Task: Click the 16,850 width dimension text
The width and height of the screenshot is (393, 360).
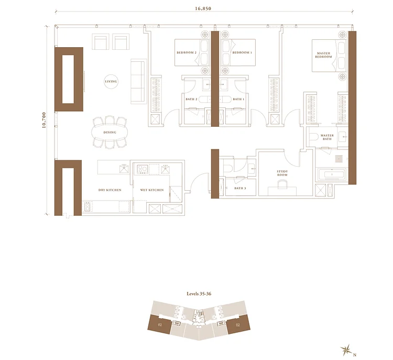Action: click(203, 8)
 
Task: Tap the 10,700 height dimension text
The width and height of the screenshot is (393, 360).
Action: click(44, 120)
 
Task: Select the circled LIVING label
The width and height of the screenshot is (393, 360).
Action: click(111, 81)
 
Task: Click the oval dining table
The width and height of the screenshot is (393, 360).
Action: click(110, 132)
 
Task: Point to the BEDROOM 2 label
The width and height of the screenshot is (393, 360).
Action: click(187, 52)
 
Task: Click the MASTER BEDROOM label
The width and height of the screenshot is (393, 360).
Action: click(324, 55)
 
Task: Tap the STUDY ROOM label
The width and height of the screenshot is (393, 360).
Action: click(282, 173)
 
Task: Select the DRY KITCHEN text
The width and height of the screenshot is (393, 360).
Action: click(110, 190)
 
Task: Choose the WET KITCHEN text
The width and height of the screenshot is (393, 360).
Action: click(152, 190)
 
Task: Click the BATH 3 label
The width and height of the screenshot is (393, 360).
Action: click(240, 188)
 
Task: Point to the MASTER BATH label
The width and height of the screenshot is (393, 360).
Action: click(327, 137)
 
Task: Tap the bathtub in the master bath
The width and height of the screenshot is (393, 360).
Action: click(332, 174)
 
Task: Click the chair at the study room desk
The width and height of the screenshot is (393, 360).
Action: click(282, 185)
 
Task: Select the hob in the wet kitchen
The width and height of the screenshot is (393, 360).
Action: click(142, 169)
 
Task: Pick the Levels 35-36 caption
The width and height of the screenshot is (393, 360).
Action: click(199, 293)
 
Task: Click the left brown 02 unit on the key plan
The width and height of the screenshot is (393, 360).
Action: click(160, 325)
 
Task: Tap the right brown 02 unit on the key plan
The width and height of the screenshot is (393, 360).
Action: click(238, 325)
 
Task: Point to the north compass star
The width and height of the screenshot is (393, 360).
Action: click(346, 350)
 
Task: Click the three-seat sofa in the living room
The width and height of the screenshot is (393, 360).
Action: click(138, 81)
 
